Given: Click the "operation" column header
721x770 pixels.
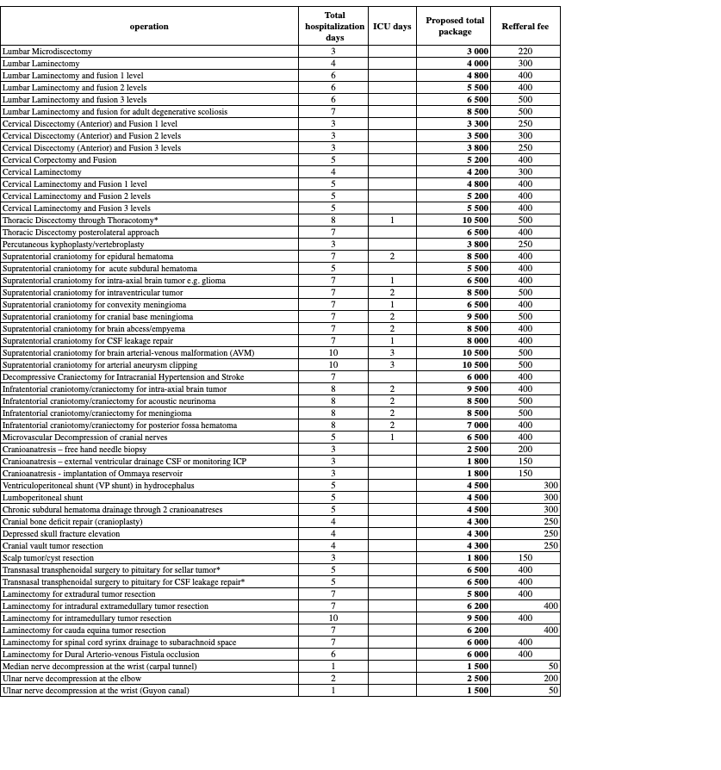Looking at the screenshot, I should [x=149, y=27].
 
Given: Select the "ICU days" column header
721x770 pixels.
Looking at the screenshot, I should [x=392, y=27].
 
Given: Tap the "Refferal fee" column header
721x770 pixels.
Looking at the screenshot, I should [x=525, y=27].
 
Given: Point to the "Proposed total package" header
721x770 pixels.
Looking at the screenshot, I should [x=455, y=27].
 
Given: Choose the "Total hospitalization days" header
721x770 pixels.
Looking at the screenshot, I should [x=335, y=27].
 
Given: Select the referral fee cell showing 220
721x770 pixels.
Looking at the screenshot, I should [x=525, y=52].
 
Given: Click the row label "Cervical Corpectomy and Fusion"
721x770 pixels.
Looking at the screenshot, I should [x=59, y=160].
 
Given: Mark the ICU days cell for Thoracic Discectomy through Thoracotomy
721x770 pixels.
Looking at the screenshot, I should [x=392, y=220].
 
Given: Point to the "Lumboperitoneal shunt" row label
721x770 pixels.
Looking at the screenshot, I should [x=43, y=498].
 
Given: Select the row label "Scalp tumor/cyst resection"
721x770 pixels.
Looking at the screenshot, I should [x=48, y=558].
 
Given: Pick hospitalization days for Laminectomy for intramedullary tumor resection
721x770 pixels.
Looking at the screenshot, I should [x=333, y=618].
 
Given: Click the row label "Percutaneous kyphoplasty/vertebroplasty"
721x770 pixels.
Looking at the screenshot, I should [x=73, y=245].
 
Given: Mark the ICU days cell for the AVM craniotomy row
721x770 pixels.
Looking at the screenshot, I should [x=392, y=353].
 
